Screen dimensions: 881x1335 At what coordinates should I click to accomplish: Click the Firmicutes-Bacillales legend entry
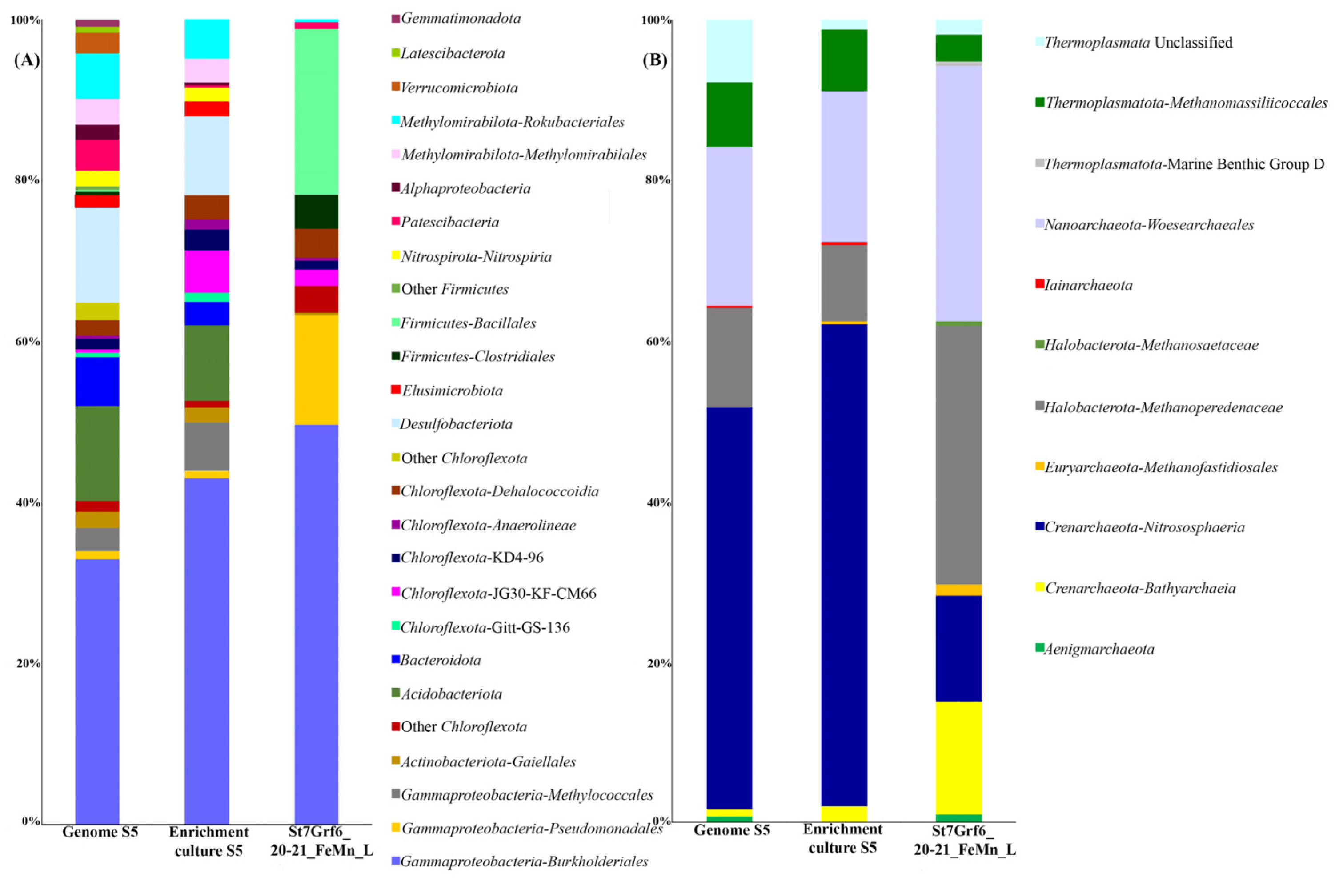pos(468,323)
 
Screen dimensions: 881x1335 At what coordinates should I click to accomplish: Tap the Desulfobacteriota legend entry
pos(456,424)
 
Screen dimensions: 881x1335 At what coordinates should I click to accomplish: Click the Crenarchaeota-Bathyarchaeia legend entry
pos(1139,588)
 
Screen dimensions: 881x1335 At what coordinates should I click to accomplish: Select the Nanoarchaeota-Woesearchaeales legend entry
pos(1148,225)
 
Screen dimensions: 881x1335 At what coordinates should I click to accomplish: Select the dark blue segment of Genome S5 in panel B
pos(729,607)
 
